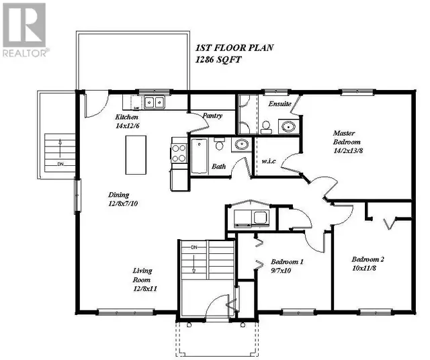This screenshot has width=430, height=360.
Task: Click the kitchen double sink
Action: coord(155,103)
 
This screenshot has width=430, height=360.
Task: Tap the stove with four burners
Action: coord(179,152)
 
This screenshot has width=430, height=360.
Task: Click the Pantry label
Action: coord(213,116)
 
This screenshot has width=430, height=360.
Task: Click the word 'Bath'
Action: coord(218,166)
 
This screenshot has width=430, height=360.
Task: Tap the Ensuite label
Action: coord(279,105)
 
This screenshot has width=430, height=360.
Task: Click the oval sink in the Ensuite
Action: coord(289,126)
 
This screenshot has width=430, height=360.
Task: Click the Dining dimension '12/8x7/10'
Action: coord(124,202)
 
